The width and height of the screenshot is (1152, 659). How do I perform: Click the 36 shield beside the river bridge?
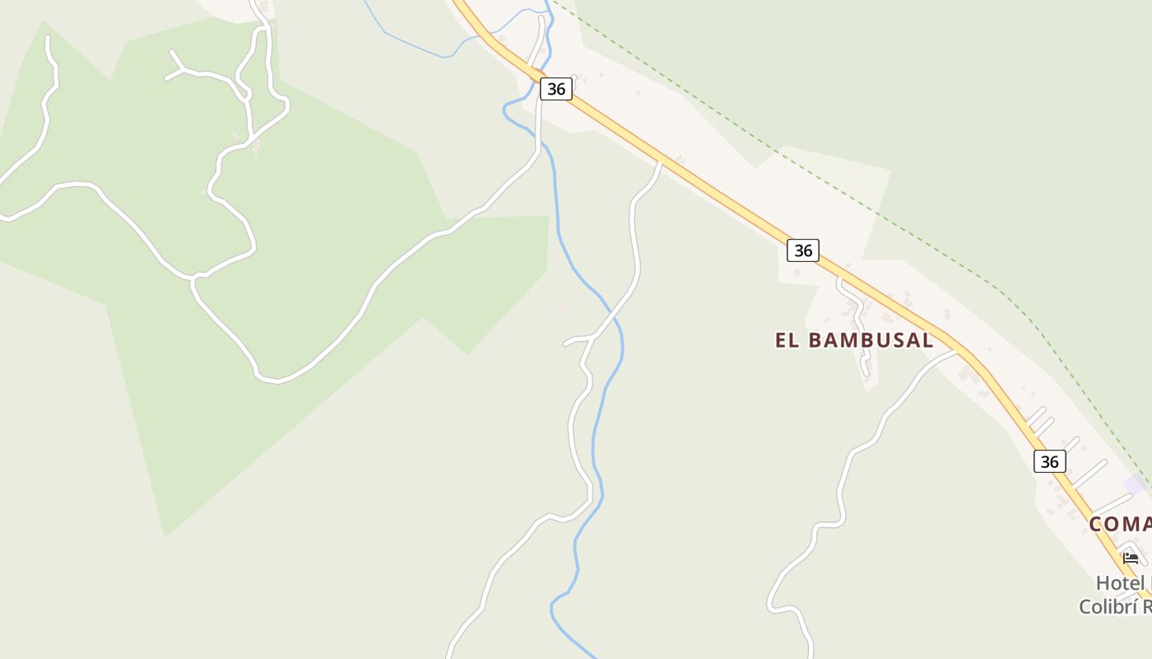[x=556, y=89]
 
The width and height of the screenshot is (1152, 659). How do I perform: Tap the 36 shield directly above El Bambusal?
[x=802, y=250]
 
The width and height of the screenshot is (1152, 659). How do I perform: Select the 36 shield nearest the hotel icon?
[x=1049, y=461]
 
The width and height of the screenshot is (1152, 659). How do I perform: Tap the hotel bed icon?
[x=1131, y=559]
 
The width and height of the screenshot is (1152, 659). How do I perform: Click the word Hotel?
[x=1120, y=583]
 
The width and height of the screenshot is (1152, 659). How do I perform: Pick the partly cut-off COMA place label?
[x=1120, y=524]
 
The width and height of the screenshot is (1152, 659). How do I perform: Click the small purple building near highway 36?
[x=1134, y=484]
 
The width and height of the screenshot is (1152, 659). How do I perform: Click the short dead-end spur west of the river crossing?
[x=574, y=339]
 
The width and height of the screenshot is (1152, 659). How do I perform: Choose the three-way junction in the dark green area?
[x=195, y=278]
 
